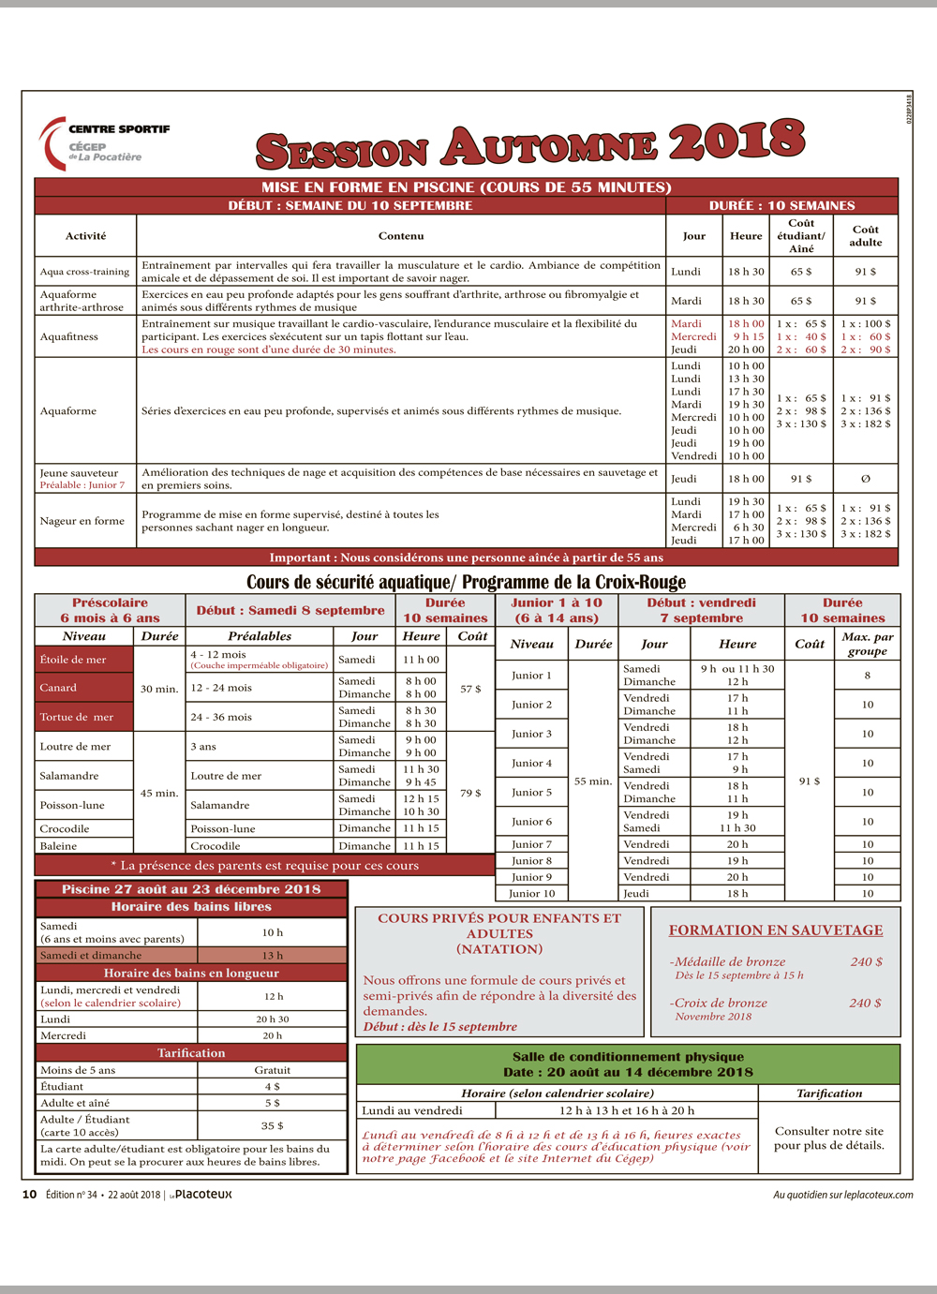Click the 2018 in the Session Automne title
click(x=736, y=141)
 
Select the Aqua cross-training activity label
click(x=84, y=272)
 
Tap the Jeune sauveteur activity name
click(x=79, y=473)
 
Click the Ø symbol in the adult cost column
click(x=865, y=479)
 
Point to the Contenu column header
click(x=401, y=236)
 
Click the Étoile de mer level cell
click(x=73, y=660)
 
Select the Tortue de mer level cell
click(x=77, y=717)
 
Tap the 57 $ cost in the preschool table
click(x=471, y=689)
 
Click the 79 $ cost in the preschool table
click(x=471, y=793)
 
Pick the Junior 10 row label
click(x=532, y=894)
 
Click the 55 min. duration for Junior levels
click(x=593, y=781)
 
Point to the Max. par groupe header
click(x=868, y=644)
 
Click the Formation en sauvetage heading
click(x=776, y=930)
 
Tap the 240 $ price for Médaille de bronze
click(x=866, y=961)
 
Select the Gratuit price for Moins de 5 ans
click(x=273, y=1070)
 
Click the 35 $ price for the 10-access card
click(x=273, y=1125)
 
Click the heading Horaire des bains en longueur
click(x=191, y=973)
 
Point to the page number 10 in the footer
click(x=30, y=1195)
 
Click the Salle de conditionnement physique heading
click(x=628, y=1057)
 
